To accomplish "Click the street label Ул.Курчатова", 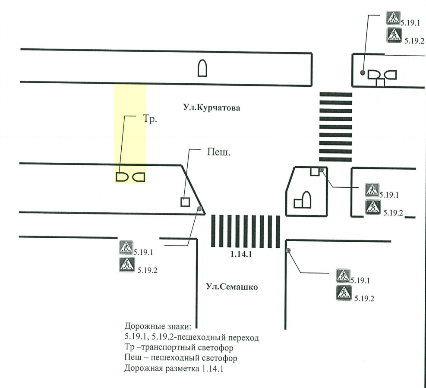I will coord(211,108).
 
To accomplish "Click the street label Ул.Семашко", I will coord(232,287).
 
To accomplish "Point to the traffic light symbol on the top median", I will coord(202,68).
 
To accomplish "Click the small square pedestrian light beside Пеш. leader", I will coord(185,202).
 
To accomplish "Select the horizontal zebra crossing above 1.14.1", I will coord(245,231).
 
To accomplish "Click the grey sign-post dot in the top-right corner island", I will coord(363,73).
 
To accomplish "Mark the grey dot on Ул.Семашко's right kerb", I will coord(288,250).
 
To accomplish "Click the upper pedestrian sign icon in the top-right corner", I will coord(393,18).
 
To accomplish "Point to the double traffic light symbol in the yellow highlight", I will coord(130,177).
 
